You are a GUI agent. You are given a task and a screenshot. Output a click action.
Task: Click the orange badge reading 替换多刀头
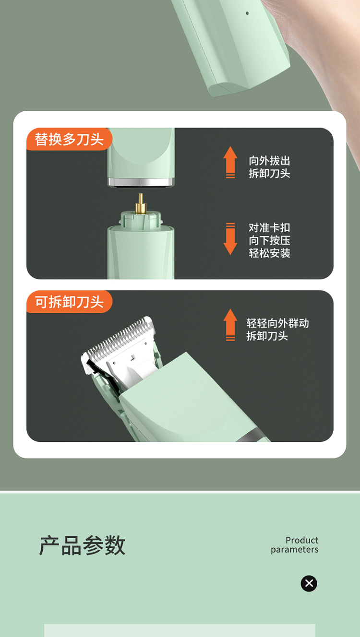tap(69, 140)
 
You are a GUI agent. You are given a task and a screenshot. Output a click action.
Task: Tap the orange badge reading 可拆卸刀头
tap(69, 302)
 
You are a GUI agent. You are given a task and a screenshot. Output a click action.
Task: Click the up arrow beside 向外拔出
tap(230, 162)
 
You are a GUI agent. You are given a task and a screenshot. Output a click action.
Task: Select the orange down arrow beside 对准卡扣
tap(230, 239)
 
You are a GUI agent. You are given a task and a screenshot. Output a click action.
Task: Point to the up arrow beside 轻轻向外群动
tap(230, 325)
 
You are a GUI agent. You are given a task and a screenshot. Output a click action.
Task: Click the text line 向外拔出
tap(269, 161)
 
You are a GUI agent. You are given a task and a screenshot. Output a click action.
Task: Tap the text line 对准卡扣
tap(269, 227)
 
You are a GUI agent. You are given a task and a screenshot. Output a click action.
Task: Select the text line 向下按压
tap(269, 240)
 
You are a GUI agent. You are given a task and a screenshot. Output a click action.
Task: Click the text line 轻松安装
tap(269, 253)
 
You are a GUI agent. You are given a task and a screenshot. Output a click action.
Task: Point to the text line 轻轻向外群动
tap(277, 323)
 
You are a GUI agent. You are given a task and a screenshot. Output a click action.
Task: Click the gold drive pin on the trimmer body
tap(141, 204)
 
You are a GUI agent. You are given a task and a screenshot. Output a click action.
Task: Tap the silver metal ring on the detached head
tap(141, 182)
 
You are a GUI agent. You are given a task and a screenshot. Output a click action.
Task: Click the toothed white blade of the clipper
tap(120, 338)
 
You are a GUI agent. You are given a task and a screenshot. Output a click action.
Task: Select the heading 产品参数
tap(82, 546)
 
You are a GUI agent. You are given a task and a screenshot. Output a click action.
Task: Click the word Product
tap(302, 540)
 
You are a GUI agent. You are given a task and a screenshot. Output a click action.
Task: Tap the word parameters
tap(294, 550)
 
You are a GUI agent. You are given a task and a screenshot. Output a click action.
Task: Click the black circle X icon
tap(309, 583)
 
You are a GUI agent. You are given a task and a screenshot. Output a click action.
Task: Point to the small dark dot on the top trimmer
tap(247, 13)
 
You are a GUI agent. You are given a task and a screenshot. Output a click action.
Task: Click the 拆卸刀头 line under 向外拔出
tap(269, 174)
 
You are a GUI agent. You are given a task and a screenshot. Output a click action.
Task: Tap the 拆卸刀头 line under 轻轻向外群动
tap(267, 336)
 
